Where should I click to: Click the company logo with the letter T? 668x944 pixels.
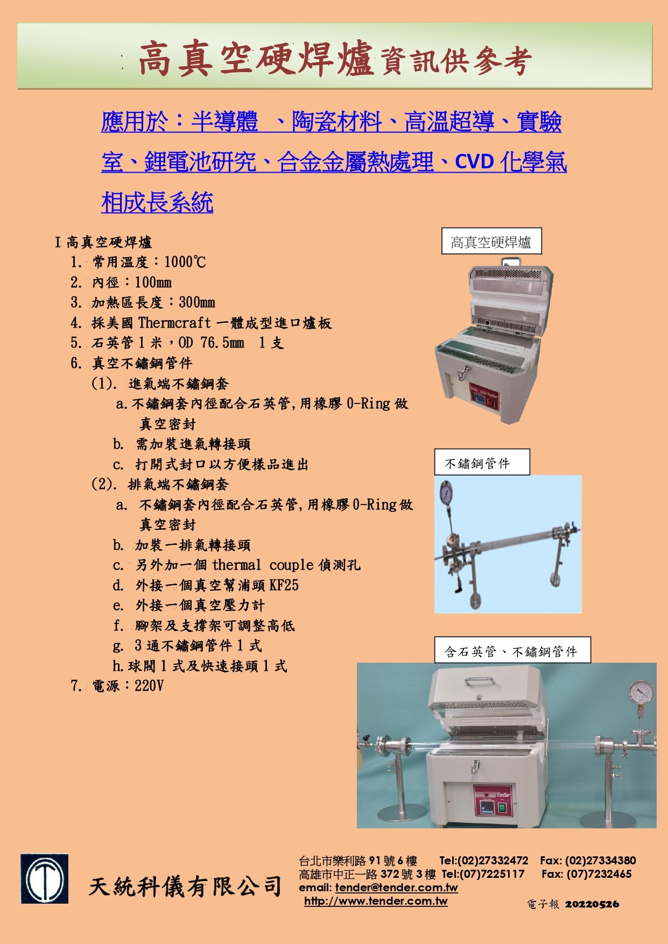click(x=45, y=878)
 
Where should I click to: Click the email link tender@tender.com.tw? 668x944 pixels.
click(x=396, y=888)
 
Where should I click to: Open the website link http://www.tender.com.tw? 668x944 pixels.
click(x=376, y=901)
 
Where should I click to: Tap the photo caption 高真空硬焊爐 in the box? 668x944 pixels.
click(x=491, y=242)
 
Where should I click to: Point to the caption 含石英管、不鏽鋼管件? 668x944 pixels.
click(x=512, y=651)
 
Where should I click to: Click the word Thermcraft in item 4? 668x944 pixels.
click(x=174, y=323)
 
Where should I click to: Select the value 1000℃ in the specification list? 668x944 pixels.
click(x=185, y=262)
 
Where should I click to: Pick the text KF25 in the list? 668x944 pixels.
click(x=284, y=585)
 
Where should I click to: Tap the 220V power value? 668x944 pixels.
click(x=149, y=686)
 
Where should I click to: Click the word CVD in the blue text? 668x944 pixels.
click(x=474, y=161)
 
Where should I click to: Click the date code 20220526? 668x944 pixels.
click(x=592, y=904)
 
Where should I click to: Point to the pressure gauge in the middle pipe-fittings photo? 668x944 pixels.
click(x=446, y=491)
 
